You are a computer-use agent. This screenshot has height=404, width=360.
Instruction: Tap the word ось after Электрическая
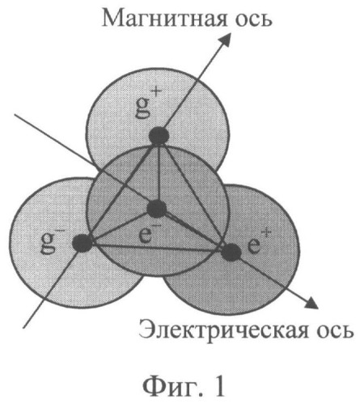point(333,331)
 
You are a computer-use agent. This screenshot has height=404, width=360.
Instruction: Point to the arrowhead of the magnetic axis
point(227,39)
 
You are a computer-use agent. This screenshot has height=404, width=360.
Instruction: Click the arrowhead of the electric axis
point(311,302)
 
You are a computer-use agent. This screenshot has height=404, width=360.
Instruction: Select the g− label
point(52,242)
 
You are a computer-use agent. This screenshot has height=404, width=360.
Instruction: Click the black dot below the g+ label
point(159,136)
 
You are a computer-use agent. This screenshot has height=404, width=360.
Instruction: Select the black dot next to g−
point(83,242)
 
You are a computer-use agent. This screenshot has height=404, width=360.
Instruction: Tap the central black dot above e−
point(157,209)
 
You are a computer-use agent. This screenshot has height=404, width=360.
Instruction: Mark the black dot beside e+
point(231,252)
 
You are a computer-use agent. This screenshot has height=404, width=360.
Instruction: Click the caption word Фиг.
point(170,386)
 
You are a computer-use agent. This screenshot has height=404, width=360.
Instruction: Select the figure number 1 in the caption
point(218,385)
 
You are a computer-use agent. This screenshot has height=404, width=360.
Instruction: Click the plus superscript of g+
point(157,95)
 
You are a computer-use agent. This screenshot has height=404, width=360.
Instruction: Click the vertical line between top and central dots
point(159,172)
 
